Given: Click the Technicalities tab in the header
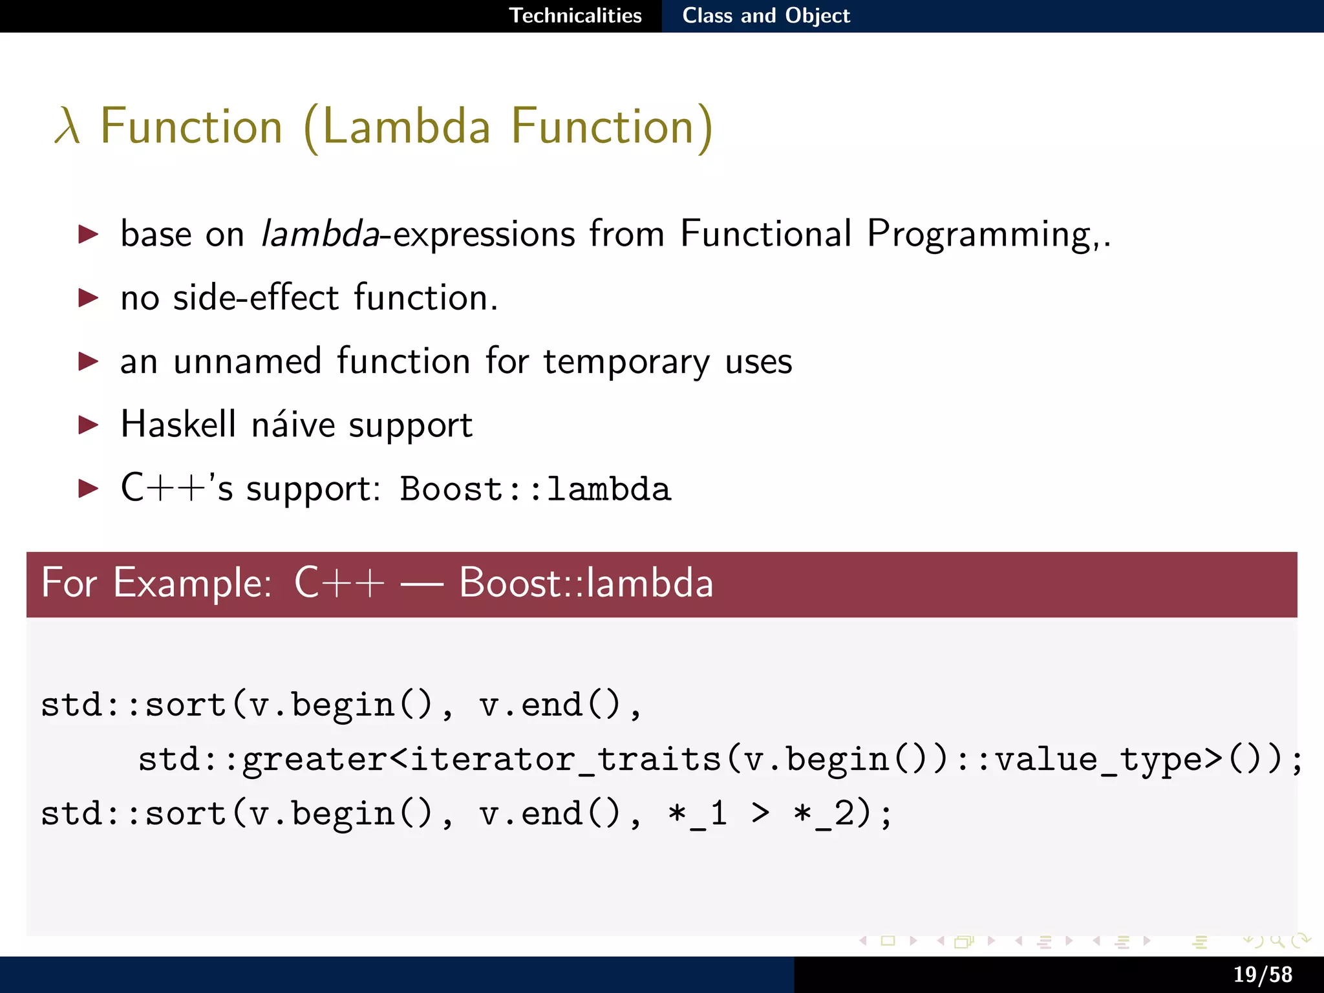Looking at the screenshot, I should (575, 16).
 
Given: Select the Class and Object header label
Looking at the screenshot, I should (766, 16).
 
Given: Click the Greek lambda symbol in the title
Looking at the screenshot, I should (67, 127).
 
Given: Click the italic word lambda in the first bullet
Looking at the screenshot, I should (319, 234).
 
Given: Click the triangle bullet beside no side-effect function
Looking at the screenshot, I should (88, 298).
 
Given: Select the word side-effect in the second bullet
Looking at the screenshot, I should (256, 298).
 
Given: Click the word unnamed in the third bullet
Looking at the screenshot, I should (247, 361).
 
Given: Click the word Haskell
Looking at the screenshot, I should (178, 425).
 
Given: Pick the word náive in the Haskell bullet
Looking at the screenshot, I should (292, 425).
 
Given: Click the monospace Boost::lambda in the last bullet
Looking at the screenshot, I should (535, 489).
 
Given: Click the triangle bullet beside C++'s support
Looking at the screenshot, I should (88, 488).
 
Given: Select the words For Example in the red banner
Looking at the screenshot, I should (155, 583).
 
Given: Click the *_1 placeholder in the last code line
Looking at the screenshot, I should (698, 814).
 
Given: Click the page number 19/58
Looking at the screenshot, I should (1262, 974).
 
